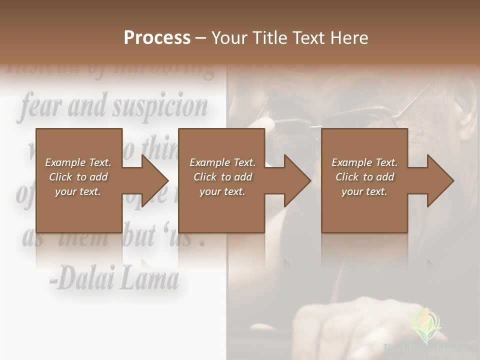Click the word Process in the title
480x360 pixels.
pos(157,37)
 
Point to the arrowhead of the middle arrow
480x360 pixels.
pos(297,180)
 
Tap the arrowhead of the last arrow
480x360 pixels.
pos(440,180)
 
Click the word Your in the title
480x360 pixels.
pos(228,37)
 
